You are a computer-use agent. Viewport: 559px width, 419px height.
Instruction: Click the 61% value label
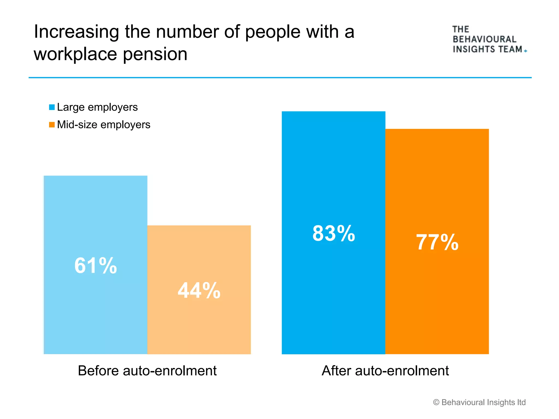point(96,266)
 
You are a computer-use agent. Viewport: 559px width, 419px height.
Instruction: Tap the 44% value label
point(199,291)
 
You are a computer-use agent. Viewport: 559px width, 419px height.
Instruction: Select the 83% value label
point(334,234)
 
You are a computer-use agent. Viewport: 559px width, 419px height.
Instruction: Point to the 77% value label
point(437,242)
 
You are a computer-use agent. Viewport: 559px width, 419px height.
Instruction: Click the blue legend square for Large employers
point(52,107)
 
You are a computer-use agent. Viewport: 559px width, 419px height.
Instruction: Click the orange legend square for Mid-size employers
point(52,125)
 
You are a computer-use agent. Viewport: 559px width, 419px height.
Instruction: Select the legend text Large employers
point(97,107)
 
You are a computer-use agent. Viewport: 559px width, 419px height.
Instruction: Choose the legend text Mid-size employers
point(103,125)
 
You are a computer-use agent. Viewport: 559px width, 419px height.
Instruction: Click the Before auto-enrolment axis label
point(147,371)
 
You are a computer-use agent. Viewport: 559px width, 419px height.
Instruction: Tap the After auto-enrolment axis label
point(385,371)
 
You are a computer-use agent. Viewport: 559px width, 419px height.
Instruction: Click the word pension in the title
point(155,54)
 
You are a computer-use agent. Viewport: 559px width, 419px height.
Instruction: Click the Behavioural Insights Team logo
point(489,40)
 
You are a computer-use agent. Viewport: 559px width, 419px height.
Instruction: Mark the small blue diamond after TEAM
point(526,51)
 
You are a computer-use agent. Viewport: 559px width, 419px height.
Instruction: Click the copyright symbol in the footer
point(436,402)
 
